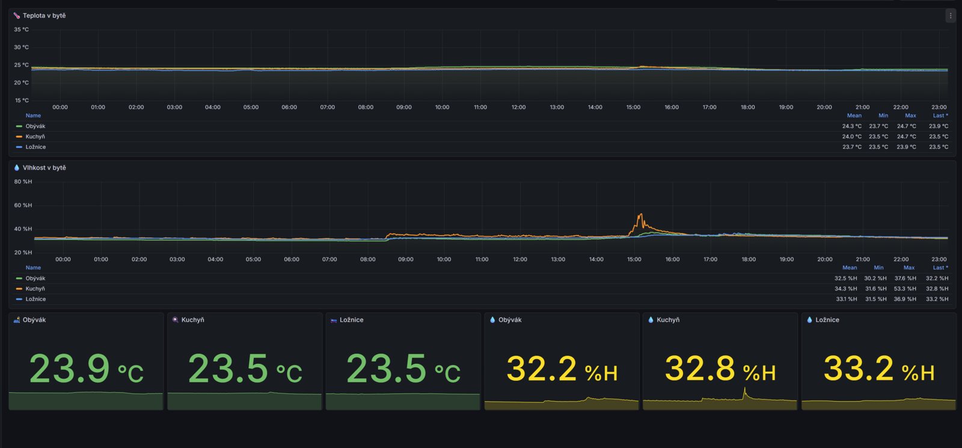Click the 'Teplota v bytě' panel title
point(44,16)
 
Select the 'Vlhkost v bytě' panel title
point(44,168)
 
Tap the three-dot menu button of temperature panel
point(950,16)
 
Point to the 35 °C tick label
point(22,29)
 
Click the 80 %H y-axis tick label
point(23,182)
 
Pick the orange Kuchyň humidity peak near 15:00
point(640,214)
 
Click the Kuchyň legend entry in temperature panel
point(35,137)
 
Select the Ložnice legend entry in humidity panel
point(35,299)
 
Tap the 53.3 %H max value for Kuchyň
point(905,289)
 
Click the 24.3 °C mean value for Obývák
point(851,126)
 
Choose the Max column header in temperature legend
point(910,115)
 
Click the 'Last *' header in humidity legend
point(940,268)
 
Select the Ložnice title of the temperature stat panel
point(351,320)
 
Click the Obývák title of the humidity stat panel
point(510,320)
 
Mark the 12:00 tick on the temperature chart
point(518,107)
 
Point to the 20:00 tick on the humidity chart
point(824,259)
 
